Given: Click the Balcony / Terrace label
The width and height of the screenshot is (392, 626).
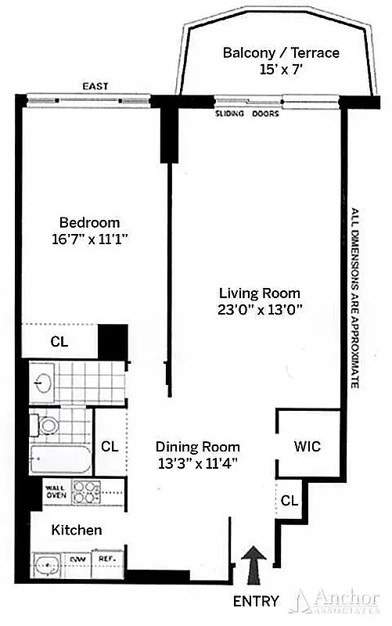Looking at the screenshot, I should point(281,53).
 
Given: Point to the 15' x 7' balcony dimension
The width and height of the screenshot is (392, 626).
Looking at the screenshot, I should point(281,70).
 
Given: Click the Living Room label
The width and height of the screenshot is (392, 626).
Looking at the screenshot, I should point(259,293).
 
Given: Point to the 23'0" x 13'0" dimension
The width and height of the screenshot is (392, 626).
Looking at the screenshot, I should point(259,309).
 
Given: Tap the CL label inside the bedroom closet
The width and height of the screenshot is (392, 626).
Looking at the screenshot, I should point(59,341).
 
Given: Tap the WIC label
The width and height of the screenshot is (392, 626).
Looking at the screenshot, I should point(307,447).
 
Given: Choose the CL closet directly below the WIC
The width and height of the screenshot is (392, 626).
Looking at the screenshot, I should point(289,500).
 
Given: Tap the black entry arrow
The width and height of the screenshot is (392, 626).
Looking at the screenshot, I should point(256,564).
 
